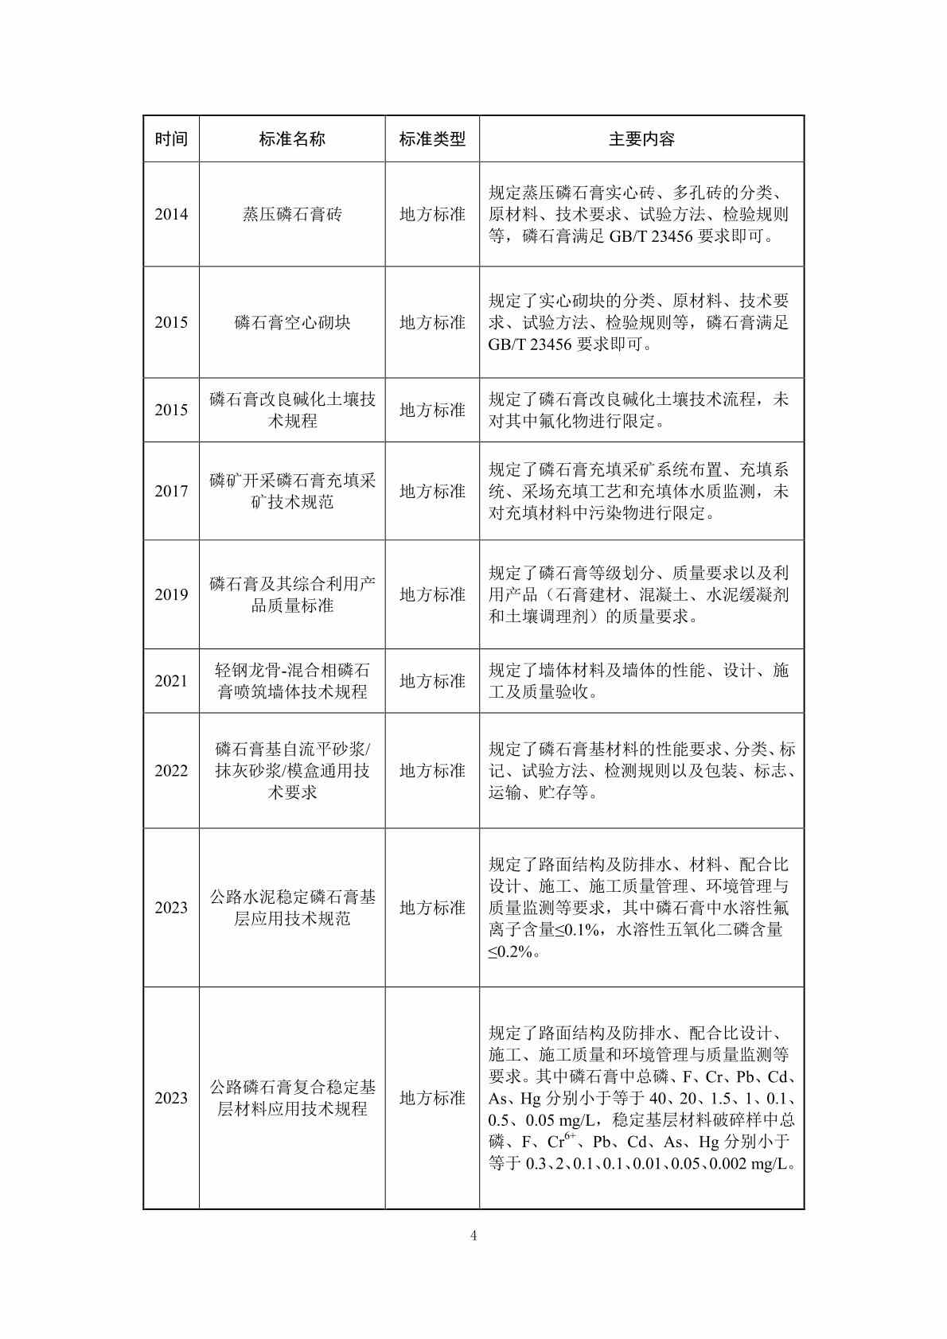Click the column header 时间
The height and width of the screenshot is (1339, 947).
coord(171,139)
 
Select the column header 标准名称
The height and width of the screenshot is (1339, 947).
coord(292,139)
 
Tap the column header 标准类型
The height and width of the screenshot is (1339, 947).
coord(432,139)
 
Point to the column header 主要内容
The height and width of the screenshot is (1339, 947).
coord(641,139)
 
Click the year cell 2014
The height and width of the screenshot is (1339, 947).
coord(171,214)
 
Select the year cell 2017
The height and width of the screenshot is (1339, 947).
coord(171,491)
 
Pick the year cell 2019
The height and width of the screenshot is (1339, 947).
coord(171,594)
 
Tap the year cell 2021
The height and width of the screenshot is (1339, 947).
coord(171,681)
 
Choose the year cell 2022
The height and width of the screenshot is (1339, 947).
coord(171,770)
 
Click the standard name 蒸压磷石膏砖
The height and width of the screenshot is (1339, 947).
coord(292,214)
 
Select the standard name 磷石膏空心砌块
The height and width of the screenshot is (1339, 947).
coord(292,322)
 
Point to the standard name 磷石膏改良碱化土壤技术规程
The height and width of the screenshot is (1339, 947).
coord(292,410)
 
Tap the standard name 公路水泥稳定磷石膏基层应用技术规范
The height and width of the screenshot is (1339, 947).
coord(292,908)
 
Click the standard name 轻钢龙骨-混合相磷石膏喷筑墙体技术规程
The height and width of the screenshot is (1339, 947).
coord(292,681)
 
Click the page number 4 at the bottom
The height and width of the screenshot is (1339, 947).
coord(473,1236)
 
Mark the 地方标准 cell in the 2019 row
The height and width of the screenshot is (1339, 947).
coord(432,594)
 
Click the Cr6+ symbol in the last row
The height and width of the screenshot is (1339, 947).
coord(561,1142)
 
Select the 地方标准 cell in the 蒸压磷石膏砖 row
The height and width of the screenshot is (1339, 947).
coord(432,214)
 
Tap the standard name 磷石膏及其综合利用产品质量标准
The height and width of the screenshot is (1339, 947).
coord(292,594)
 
